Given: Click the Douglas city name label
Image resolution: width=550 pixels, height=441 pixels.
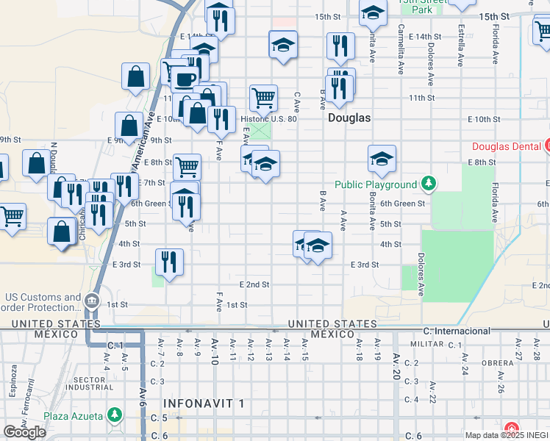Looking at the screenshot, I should click(x=349, y=118).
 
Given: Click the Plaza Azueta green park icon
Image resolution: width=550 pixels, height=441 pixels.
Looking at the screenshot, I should click(x=114, y=416).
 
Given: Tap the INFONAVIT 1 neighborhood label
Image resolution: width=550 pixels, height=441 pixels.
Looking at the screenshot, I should click(x=203, y=404).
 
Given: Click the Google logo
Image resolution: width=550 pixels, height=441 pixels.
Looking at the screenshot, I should click(x=24, y=432).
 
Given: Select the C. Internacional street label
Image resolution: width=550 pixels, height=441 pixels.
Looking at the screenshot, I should click(x=457, y=331).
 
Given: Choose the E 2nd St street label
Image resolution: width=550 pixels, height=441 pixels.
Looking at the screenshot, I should click(x=254, y=284).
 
